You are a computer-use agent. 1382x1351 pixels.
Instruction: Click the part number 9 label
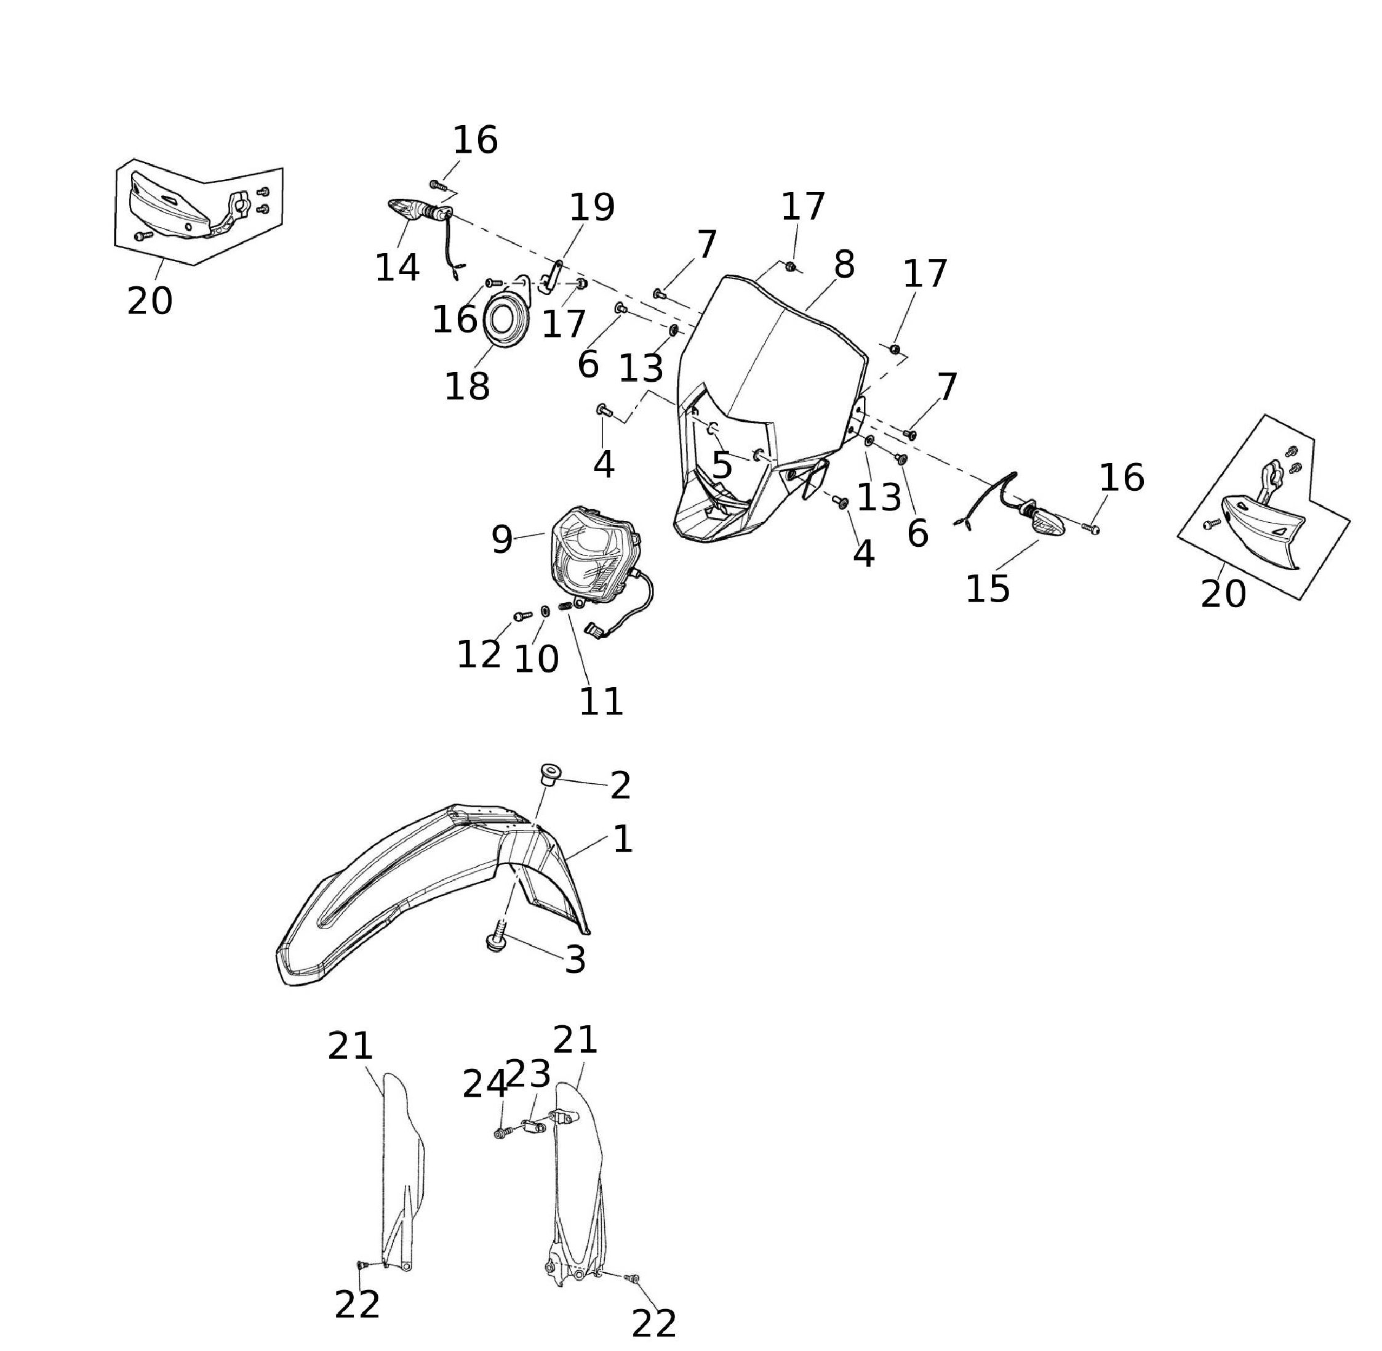tap(501, 541)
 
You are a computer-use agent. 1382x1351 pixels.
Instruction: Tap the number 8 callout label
tap(843, 265)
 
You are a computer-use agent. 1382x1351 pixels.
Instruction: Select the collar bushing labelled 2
tap(548, 773)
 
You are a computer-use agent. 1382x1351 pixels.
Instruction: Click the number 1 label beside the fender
tap(622, 839)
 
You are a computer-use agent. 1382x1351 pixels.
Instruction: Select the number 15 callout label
tap(987, 588)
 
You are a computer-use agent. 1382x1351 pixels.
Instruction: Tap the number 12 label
tap(479, 654)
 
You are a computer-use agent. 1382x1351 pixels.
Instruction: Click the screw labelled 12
tap(522, 616)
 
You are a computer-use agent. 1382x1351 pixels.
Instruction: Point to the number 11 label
tap(601, 702)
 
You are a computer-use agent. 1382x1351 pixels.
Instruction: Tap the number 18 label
tap(466, 387)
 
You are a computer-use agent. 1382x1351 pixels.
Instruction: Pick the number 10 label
tap(536, 660)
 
